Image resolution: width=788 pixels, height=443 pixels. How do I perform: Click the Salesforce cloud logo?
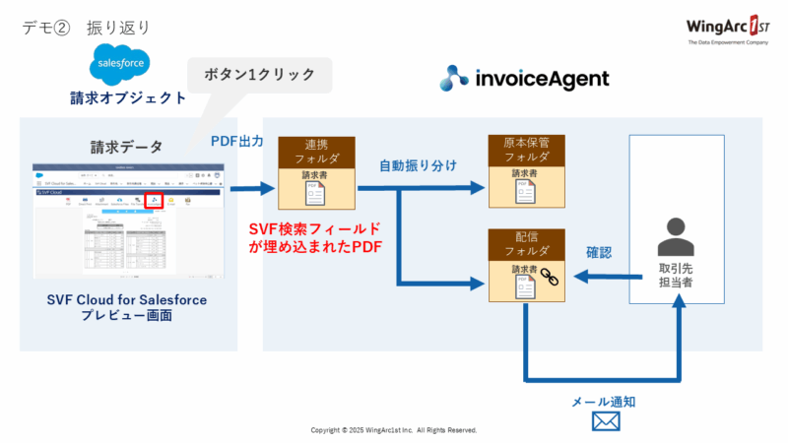(118, 66)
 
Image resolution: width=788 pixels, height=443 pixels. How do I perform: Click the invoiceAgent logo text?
(525, 78)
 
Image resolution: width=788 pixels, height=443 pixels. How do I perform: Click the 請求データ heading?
(127, 147)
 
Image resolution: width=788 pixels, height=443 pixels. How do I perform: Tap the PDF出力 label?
(236, 141)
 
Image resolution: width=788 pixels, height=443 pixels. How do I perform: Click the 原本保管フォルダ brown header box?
(525, 150)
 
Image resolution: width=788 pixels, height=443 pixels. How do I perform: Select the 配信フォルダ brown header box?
(525, 242)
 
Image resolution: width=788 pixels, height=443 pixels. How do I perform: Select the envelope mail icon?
(605, 421)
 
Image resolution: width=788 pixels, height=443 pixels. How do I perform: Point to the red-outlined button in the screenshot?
(152, 201)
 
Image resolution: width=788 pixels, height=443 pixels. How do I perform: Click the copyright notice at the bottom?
(394, 430)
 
